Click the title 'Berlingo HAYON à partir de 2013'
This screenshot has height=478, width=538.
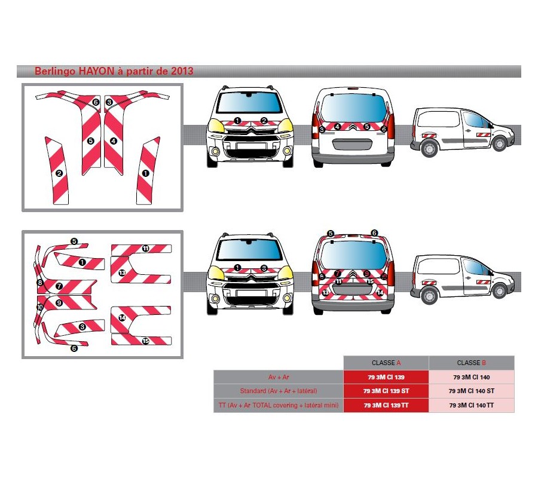(114, 71)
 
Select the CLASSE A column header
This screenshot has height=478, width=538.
(386, 363)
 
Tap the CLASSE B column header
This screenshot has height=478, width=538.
(472, 363)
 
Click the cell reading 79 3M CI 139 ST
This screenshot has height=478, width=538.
(386, 391)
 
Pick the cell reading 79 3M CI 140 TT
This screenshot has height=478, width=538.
(472, 406)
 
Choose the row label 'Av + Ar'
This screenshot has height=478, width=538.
(279, 377)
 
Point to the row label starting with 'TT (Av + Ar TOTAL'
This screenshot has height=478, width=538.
(279, 406)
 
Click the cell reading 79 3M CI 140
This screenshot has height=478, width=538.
(472, 377)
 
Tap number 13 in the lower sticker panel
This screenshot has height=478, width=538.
(122, 272)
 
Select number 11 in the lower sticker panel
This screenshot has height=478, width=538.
(145, 248)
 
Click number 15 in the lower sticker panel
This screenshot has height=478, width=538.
(145, 341)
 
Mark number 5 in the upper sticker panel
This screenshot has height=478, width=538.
(90, 141)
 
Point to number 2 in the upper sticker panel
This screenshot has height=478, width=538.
(59, 173)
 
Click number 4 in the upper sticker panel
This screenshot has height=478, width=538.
(114, 141)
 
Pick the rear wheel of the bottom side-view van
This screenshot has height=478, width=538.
(428, 295)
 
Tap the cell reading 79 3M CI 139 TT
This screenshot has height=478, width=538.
(386, 406)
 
